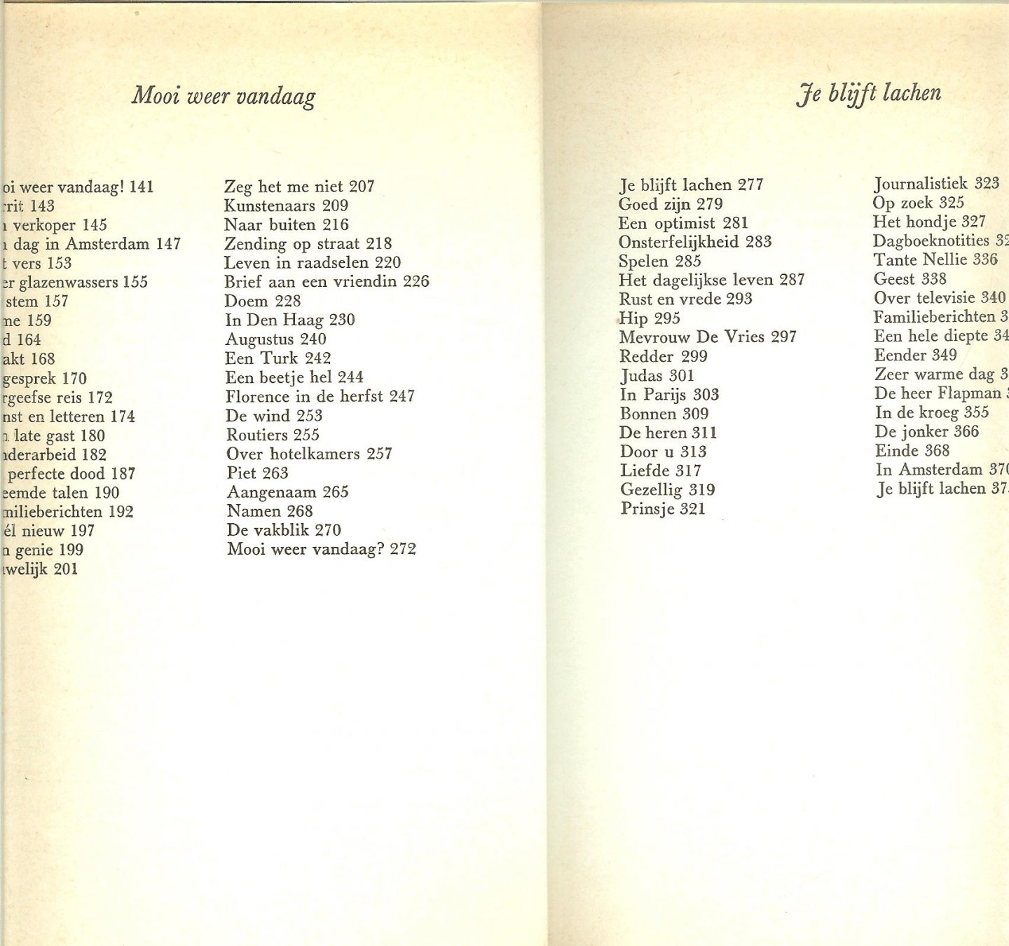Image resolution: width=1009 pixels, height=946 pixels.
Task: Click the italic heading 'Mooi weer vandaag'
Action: [x=223, y=95]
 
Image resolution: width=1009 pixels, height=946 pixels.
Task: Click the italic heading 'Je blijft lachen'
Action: [x=868, y=93]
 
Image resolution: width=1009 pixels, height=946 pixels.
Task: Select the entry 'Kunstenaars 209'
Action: [x=286, y=206]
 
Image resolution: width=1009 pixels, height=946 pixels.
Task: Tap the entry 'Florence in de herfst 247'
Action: [x=320, y=397]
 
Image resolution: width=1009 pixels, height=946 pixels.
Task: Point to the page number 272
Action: [x=403, y=549]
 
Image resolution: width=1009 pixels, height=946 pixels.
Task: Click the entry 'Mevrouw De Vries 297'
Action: [x=708, y=337]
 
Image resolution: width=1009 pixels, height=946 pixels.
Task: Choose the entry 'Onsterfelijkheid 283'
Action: [x=695, y=243]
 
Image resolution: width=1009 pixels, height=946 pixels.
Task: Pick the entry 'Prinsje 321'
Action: [x=663, y=509]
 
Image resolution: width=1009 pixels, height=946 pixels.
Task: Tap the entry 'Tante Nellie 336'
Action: [x=935, y=260]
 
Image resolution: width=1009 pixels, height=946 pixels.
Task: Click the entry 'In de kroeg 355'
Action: [x=932, y=413]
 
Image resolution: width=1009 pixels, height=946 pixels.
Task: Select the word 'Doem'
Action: [x=246, y=302]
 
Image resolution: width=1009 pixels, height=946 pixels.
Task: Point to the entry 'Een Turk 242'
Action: [x=277, y=358]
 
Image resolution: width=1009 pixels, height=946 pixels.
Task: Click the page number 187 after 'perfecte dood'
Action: [x=123, y=474]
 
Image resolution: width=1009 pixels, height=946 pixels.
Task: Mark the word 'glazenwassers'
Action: [x=68, y=283]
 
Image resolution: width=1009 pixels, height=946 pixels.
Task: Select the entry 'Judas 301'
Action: [x=657, y=376]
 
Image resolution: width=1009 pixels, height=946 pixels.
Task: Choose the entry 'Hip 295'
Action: [x=650, y=318]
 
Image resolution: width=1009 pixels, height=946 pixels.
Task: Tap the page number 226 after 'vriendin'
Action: [x=416, y=282]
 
